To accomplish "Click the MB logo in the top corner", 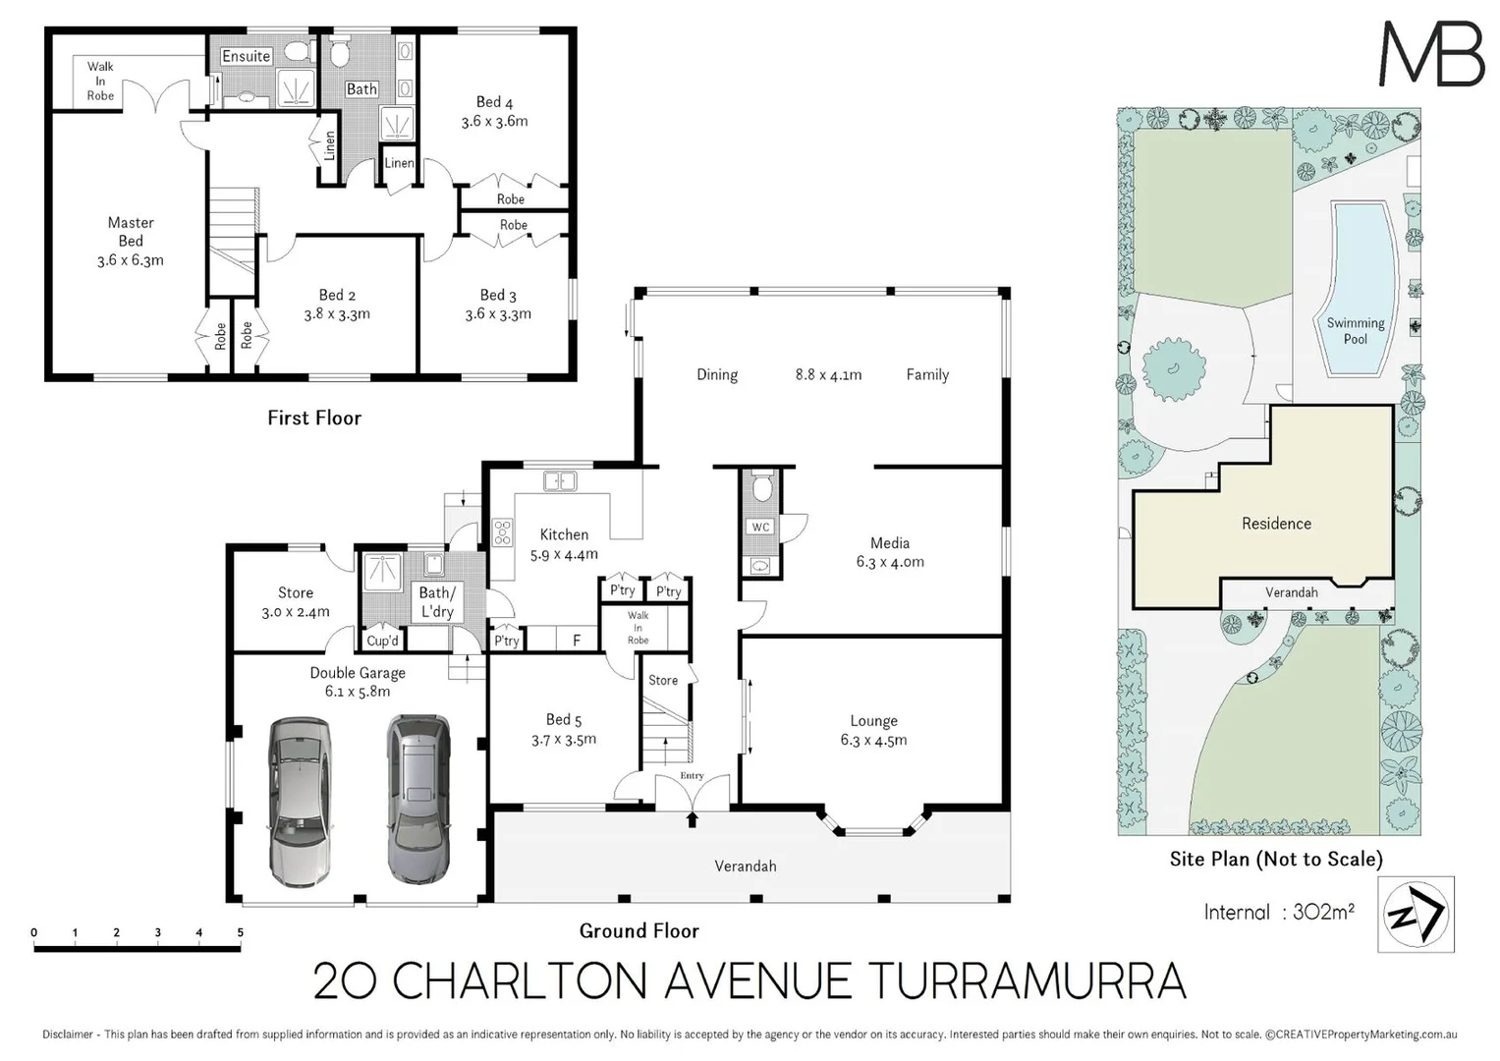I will coord(1431,54).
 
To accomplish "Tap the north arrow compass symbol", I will coord(1416,915).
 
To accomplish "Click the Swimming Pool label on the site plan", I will coord(1355,331).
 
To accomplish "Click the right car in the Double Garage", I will coord(417,798).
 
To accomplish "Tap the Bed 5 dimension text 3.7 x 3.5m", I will coord(564,740).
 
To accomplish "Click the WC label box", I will coord(760,528).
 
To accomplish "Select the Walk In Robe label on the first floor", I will coord(100,81).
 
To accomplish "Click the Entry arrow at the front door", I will coord(693,817).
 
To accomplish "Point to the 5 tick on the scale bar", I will coord(240,933).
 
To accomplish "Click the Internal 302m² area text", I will coord(1279,912).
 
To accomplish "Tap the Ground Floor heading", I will coord(639,930).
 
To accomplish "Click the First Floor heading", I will coord(314,418).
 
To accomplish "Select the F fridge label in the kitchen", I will coord(577,641).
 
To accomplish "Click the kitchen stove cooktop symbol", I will coord(502,532).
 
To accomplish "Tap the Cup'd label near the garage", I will coord(382,641).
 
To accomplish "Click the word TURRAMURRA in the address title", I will coord(1028,981).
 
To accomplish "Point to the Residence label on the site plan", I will coord(1276,524).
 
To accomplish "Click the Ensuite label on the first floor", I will coord(246,56).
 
